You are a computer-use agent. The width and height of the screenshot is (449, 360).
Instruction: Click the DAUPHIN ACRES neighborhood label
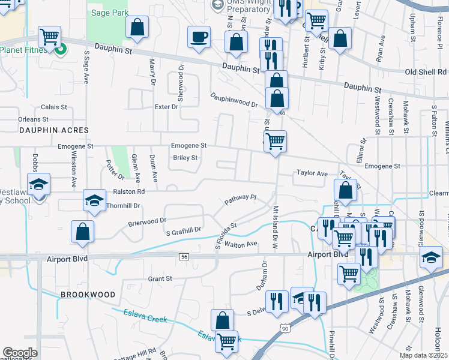click(54, 130)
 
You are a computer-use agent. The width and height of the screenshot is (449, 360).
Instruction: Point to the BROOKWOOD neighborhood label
click(88, 295)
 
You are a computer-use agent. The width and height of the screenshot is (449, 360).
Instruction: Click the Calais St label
click(54, 107)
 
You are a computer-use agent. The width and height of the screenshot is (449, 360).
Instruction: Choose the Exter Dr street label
click(167, 107)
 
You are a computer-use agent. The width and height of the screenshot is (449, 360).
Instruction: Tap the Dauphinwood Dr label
click(234, 100)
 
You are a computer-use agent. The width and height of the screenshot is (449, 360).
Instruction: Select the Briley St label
click(185, 158)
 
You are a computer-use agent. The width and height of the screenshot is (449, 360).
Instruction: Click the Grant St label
click(160, 278)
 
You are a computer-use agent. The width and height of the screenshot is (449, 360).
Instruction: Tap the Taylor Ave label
click(312, 173)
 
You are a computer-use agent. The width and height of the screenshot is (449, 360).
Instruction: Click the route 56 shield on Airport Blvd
click(184, 256)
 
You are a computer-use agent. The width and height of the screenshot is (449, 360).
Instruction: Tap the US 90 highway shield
click(285, 328)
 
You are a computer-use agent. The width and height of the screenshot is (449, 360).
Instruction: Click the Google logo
click(20, 353)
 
